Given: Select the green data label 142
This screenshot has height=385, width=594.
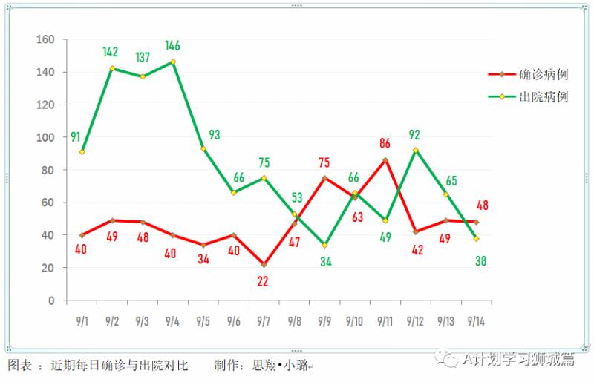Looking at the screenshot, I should (111, 52).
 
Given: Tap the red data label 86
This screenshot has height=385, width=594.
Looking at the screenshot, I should (385, 144).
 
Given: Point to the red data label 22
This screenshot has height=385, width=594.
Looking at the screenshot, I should (264, 281).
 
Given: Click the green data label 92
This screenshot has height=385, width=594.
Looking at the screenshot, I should (415, 135).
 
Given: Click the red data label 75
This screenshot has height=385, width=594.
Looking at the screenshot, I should (324, 162).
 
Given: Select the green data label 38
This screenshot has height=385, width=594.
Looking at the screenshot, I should (480, 261).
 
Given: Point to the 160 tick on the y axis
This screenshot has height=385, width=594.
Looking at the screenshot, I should (46, 39).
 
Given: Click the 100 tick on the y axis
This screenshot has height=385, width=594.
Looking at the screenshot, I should (46, 137).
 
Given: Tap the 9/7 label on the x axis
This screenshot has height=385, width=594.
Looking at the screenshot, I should (264, 321).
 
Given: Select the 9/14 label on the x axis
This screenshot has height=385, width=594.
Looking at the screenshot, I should (476, 321).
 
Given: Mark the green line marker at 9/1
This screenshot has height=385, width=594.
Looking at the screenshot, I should (82, 152).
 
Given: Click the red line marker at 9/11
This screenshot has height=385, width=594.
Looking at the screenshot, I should (385, 160).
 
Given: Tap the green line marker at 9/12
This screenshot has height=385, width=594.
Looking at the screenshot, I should (415, 151).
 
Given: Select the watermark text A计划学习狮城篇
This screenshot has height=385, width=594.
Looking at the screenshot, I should (518, 359).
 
